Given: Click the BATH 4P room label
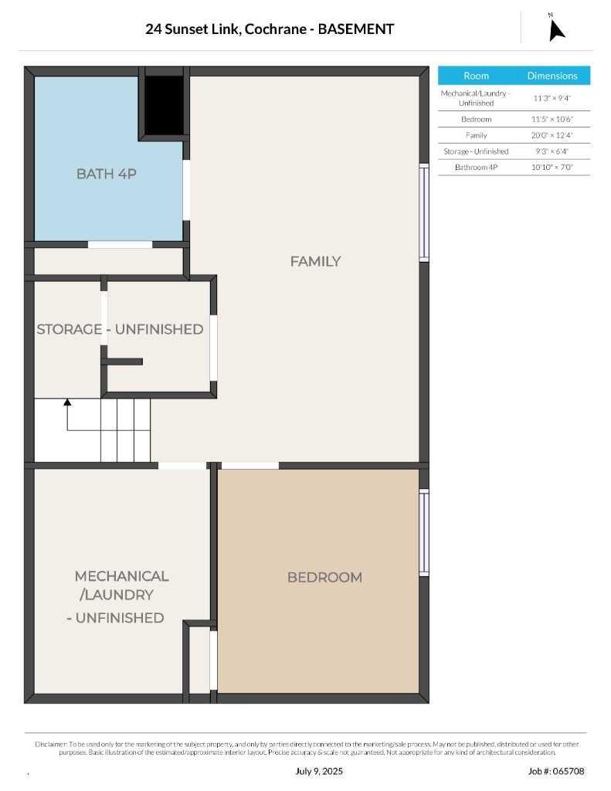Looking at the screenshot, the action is point(107,174).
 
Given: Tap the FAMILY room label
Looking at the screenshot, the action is point(315,261).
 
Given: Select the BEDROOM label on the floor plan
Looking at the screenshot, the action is point(325,577).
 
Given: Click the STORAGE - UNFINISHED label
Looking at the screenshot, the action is point(120,329).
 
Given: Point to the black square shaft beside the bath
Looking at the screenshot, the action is point(164,105).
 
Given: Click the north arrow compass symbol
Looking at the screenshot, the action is point(556,29).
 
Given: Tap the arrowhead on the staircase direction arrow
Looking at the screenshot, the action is point(67,402).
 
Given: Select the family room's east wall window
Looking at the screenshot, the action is point(424,212).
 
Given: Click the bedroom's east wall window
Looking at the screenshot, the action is point(424,532).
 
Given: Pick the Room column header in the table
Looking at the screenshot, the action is point(476,76).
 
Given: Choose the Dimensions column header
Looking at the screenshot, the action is point(552,76).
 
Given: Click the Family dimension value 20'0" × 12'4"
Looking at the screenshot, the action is point(552,135).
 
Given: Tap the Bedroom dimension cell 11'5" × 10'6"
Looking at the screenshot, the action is point(552,119).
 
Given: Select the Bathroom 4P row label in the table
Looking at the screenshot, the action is point(476,167).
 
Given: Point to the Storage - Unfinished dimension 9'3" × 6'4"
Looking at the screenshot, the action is point(552,151).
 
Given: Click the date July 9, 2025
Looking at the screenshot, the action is point(319,771).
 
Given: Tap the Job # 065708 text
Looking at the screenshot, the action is point(556,771).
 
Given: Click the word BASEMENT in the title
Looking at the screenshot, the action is point(355,29).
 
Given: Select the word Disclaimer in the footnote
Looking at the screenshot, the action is point(51,744).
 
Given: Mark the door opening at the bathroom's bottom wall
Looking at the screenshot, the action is point(120,245).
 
